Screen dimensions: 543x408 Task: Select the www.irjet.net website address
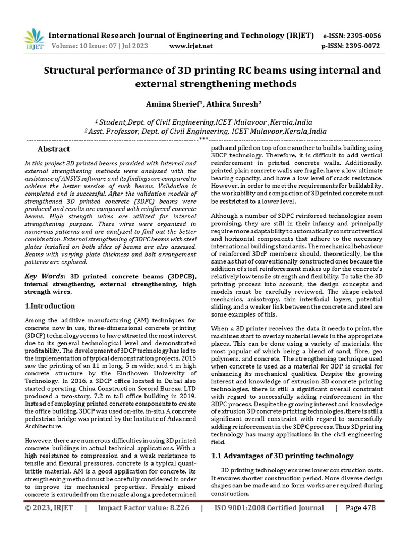191,46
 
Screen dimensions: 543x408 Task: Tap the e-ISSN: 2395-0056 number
352,36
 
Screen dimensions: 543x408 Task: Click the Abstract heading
54,150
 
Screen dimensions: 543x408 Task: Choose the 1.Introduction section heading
50,306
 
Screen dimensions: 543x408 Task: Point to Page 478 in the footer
361,508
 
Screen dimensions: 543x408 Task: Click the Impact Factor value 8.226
144,508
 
